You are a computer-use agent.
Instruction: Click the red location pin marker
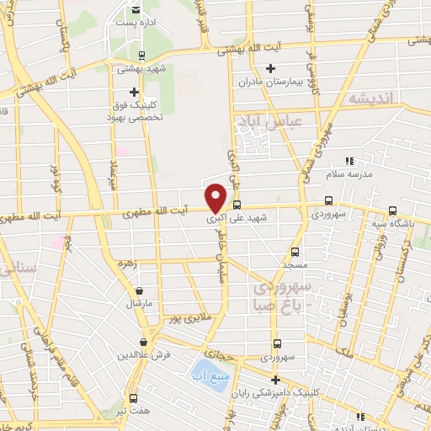215,197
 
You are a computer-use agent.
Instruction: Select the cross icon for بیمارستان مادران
270,68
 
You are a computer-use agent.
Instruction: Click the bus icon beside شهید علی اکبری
237,204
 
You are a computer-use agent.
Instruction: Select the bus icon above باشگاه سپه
392,212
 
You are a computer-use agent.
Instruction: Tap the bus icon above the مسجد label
295,251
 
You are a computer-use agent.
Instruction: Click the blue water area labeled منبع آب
204,369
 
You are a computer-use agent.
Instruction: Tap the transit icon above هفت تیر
134,397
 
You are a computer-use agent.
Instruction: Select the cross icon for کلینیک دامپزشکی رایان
275,379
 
